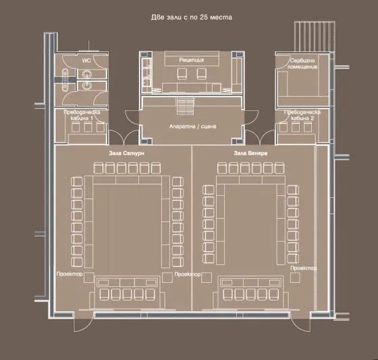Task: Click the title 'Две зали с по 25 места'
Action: tap(192, 18)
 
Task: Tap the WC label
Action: tap(86, 60)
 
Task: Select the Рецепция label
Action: tap(192, 59)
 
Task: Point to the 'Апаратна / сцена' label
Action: tap(192, 126)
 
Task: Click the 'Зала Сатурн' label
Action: tap(126, 153)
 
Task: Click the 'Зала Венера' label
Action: tap(250, 153)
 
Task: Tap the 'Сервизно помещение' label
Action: tap(302, 63)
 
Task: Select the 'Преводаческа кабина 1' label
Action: tap(82, 115)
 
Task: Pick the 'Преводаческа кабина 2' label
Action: tap(302, 115)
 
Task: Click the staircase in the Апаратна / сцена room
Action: tap(185, 105)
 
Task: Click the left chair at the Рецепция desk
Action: tap(182, 74)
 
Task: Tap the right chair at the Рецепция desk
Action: tap(202, 74)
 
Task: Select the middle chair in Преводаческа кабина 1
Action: tap(88, 127)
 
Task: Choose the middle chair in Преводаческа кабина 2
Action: tap(296, 127)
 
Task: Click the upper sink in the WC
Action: tap(86, 74)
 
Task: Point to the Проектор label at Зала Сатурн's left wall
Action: tap(70, 274)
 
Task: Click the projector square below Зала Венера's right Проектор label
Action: tap(295, 278)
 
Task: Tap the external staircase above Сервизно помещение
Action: tap(315, 36)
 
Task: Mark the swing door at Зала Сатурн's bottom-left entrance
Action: tap(83, 322)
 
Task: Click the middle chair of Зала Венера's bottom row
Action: tap(250, 294)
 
